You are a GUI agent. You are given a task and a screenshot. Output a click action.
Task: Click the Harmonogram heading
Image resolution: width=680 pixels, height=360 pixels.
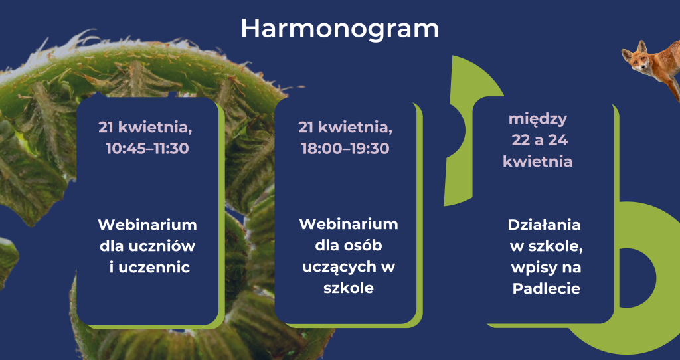coord(339,29)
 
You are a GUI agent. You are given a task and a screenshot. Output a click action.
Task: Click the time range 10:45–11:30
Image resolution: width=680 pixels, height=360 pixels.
coord(147,149)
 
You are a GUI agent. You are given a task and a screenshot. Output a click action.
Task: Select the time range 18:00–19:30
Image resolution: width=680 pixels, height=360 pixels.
coord(345,149)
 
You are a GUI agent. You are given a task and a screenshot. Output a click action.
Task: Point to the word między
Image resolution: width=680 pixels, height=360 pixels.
coord(538,119)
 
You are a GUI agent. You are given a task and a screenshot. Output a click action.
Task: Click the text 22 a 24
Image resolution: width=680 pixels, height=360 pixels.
coord(539,140)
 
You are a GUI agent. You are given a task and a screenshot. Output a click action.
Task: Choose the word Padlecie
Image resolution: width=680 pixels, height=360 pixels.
coord(547,288)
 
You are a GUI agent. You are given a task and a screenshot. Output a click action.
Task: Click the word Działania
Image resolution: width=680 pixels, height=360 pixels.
coord(544,225)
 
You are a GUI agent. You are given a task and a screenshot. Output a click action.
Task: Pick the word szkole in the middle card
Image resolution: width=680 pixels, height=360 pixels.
coord(348,288)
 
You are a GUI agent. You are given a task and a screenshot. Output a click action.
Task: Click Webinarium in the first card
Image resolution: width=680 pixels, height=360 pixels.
coord(147,225)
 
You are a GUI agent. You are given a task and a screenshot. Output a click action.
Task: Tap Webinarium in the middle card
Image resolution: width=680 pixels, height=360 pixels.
coord(348,225)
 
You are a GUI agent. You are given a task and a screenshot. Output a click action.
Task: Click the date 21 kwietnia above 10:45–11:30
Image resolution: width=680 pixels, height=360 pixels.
coord(145,128)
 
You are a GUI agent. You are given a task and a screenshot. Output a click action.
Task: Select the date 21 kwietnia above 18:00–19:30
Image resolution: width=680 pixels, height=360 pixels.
coord(345,128)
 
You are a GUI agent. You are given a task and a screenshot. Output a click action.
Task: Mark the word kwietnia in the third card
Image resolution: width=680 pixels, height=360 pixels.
coord(538,162)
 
